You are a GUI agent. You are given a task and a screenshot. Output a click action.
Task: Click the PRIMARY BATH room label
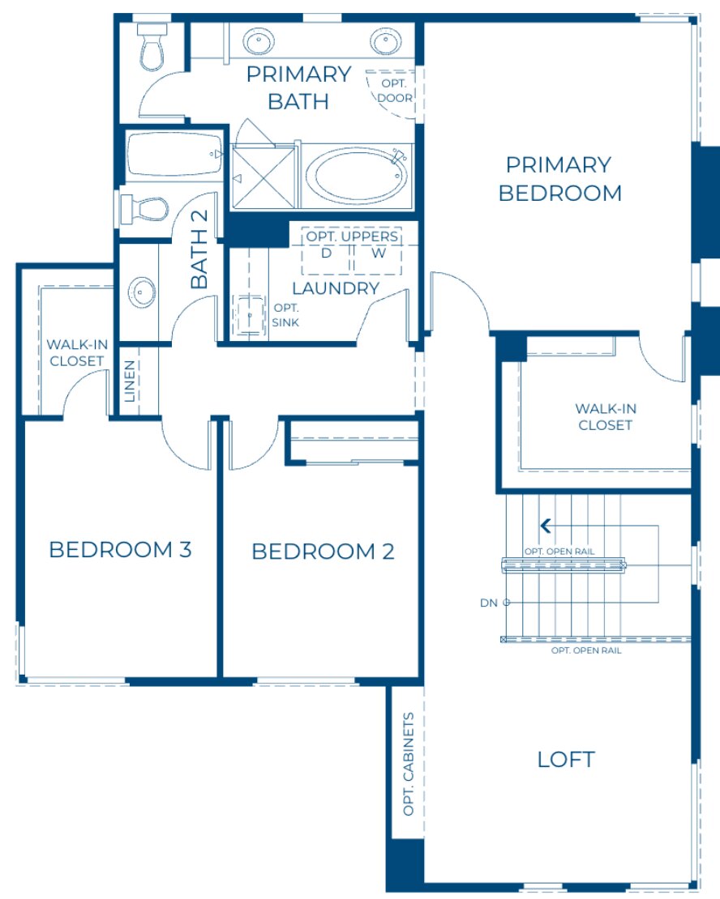(298, 87)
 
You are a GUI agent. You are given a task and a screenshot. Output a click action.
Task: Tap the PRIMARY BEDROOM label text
(559, 179)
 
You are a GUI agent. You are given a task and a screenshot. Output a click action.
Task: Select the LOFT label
(566, 760)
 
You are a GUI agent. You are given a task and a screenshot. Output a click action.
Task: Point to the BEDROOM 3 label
(120, 550)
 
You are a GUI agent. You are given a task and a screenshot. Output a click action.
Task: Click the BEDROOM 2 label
(323, 552)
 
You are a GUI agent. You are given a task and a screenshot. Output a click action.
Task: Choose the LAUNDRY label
(336, 288)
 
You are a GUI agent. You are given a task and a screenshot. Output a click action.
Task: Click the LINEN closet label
(131, 381)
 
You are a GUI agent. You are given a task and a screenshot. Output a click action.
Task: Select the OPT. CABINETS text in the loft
(408, 764)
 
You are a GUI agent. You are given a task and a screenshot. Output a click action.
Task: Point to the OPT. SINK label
(285, 314)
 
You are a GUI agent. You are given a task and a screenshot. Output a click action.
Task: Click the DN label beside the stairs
(488, 603)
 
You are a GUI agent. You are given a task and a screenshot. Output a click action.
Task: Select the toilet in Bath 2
(144, 209)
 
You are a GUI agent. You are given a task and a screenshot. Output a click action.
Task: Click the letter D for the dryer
(327, 253)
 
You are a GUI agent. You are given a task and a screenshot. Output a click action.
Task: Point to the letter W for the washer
(378, 253)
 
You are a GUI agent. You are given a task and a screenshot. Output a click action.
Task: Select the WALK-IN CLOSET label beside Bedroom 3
(76, 352)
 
